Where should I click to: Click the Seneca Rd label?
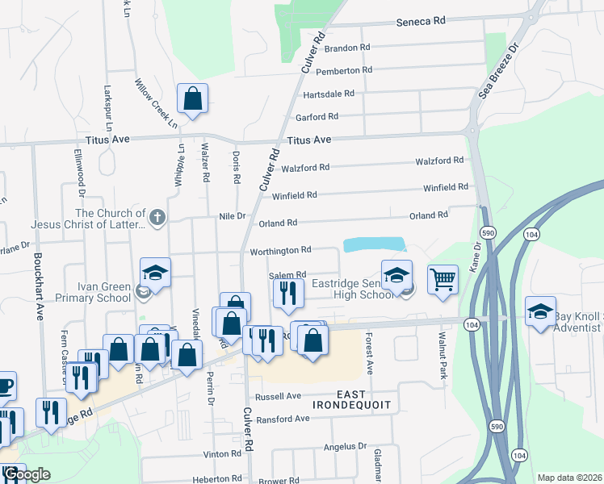tap(420, 23)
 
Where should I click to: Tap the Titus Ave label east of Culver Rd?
tap(309, 140)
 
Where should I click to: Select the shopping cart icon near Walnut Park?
tap(443, 280)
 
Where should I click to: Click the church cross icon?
tap(157, 216)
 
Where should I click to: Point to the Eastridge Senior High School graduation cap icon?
tap(396, 275)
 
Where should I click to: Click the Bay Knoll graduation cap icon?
tap(540, 311)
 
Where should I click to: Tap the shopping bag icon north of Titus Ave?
tap(193, 99)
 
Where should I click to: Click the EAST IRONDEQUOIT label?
tap(352, 404)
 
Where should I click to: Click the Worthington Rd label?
tap(279, 250)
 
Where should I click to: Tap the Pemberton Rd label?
tap(349, 70)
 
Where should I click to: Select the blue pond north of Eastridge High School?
tap(373, 244)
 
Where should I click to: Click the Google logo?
tap(27, 474)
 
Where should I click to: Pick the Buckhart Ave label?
tap(37, 287)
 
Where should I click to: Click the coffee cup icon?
tap(4, 386)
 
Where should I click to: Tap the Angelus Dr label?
tap(345, 445)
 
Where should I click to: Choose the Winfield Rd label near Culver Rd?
tap(294, 195)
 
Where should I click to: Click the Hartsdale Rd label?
tap(329, 94)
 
